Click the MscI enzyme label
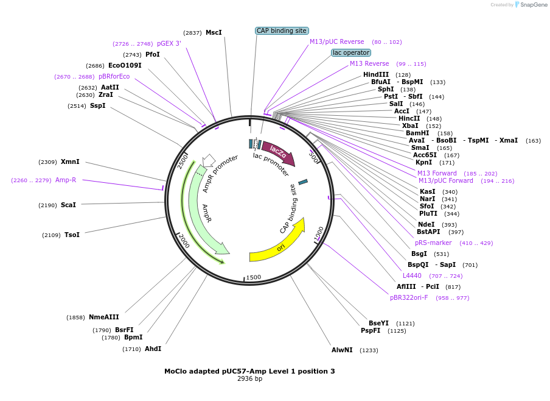click(x=214, y=32)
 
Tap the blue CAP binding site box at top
click(x=282, y=30)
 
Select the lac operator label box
click(x=351, y=52)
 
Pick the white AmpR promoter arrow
click(x=208, y=160)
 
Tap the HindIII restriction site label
click(x=376, y=75)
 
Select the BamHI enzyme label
click(x=417, y=133)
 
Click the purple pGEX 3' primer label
click(x=169, y=43)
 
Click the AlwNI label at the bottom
click(x=342, y=350)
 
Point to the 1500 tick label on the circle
click(x=254, y=277)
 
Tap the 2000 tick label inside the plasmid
click(x=184, y=241)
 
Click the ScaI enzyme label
click(x=68, y=205)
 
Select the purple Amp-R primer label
click(x=66, y=180)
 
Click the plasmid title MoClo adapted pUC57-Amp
click(x=249, y=371)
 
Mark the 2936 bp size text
click(x=249, y=379)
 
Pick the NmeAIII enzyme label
click(x=104, y=317)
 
